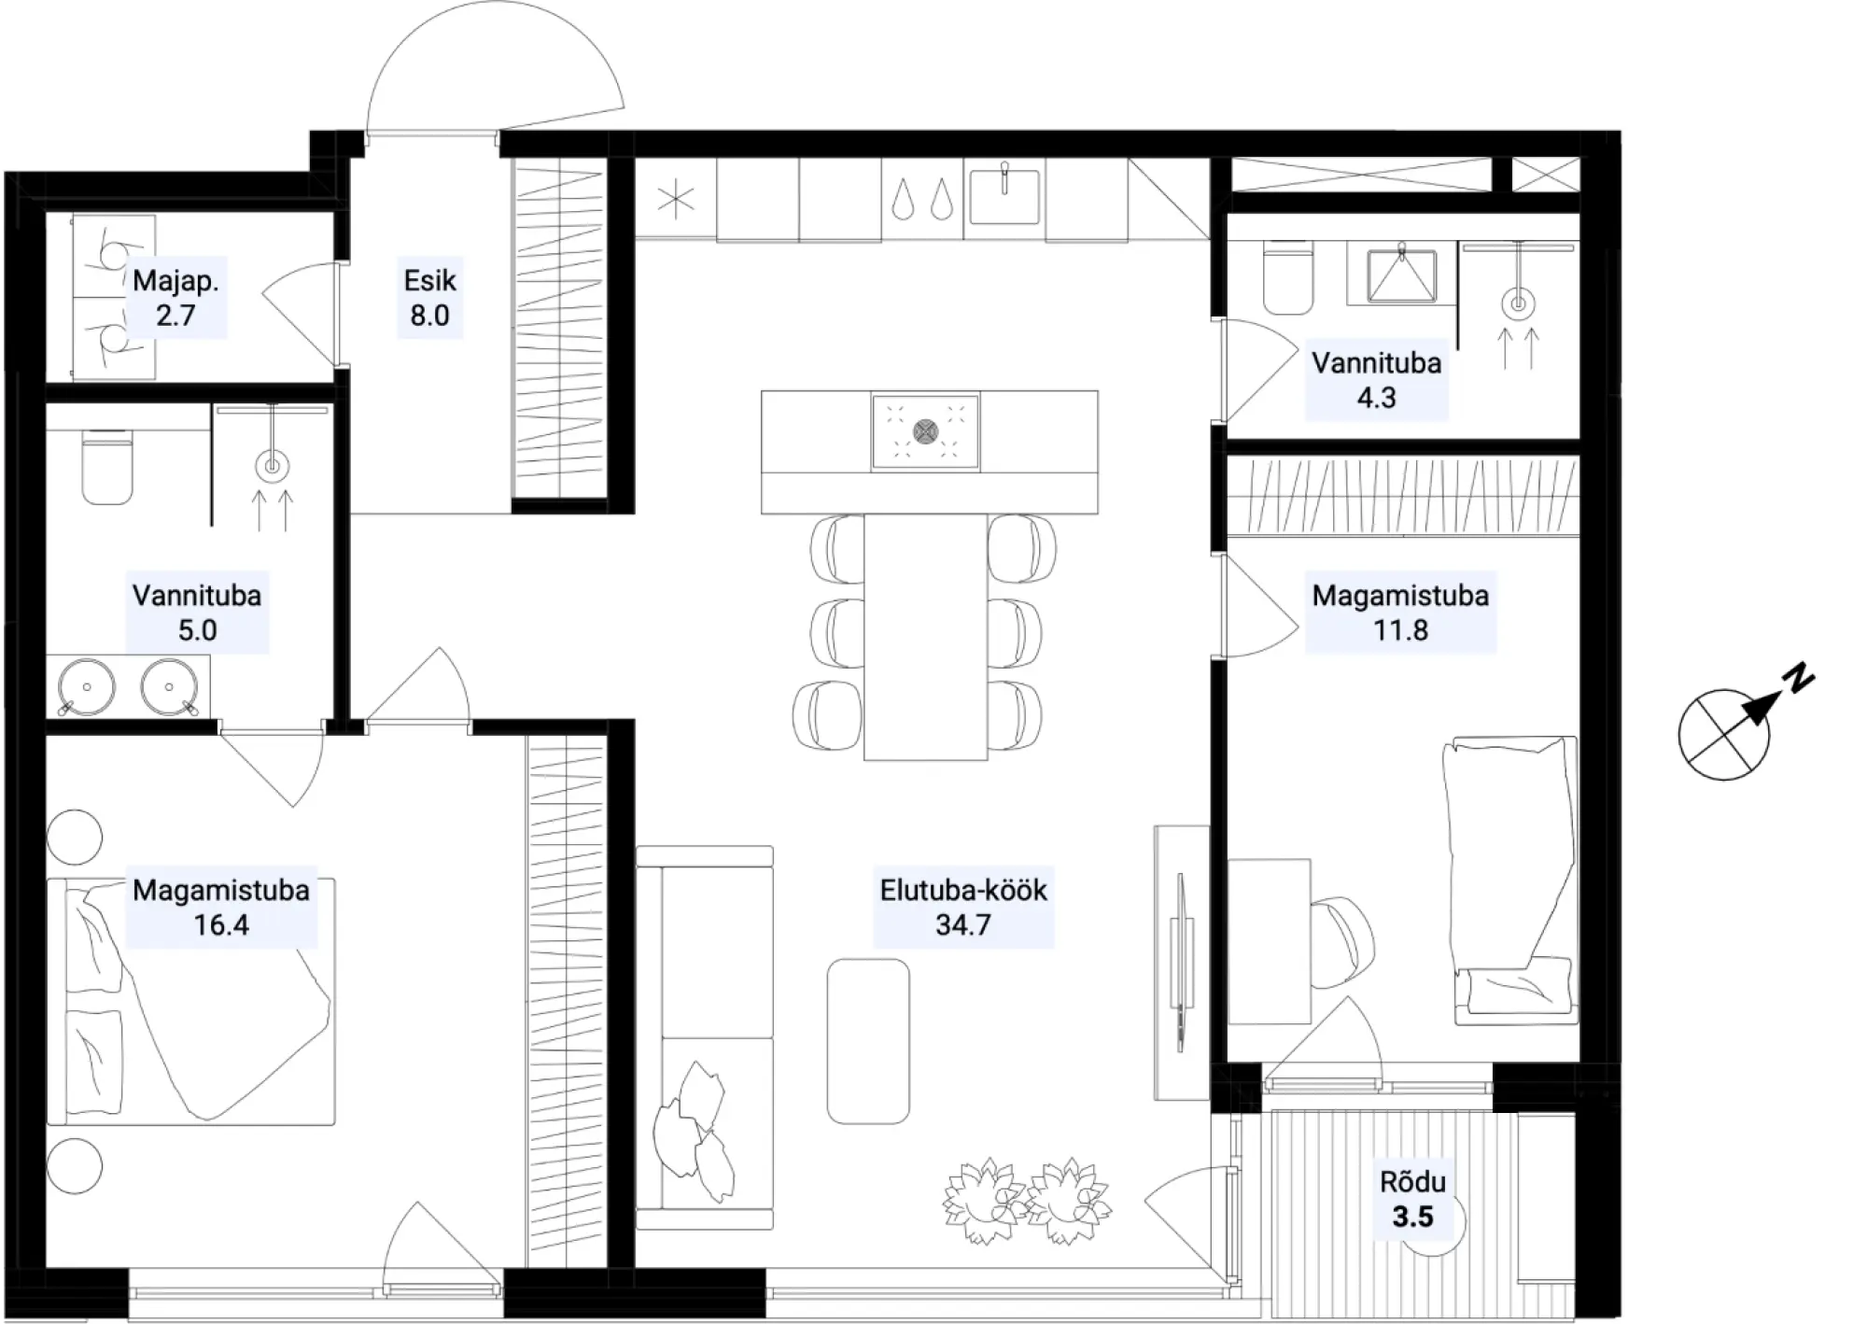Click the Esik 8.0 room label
429,298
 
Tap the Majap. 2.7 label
175,298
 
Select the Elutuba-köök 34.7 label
963,907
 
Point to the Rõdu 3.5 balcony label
1412,1199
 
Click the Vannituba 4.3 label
1376,380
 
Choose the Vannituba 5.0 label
197,613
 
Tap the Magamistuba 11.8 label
1400,613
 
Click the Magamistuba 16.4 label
221,907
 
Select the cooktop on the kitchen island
925,431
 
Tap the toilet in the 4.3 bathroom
1287,276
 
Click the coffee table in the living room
868,1040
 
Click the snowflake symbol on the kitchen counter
676,200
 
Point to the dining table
925,637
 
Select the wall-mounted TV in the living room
1182,962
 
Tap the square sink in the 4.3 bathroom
1401,274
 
